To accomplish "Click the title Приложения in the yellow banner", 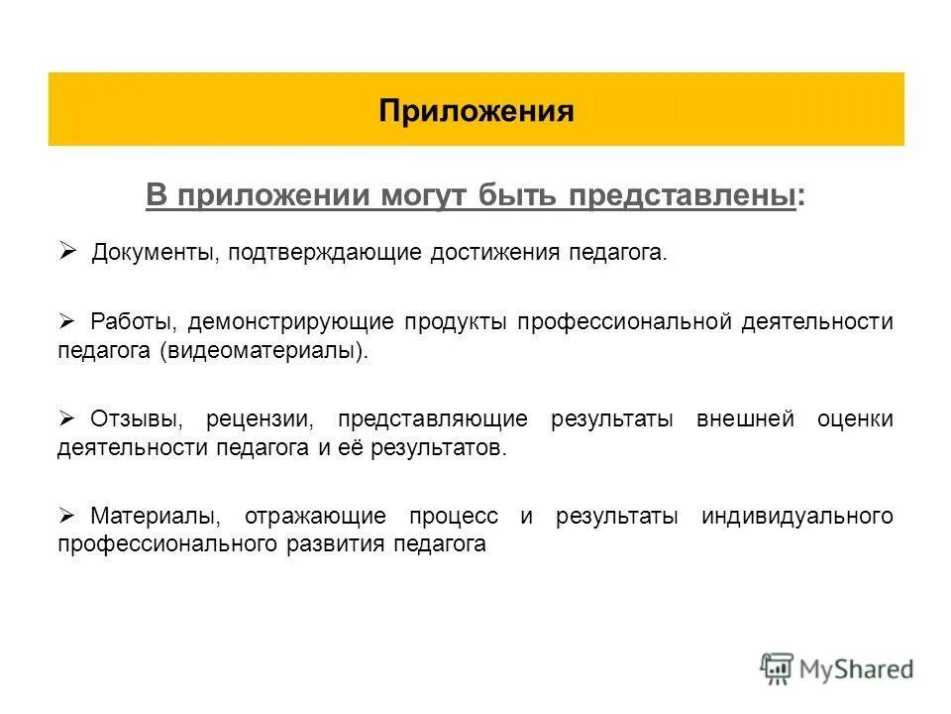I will pyautogui.click(x=475, y=109).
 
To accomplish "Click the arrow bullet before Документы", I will pyautogui.click(x=67, y=252).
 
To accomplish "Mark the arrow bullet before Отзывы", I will pyautogui.click(x=67, y=418).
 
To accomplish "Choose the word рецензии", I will pyautogui.click(x=262, y=419).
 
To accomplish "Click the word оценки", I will pyautogui.click(x=855, y=419).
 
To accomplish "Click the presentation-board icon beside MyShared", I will pyautogui.click(x=777, y=668).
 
